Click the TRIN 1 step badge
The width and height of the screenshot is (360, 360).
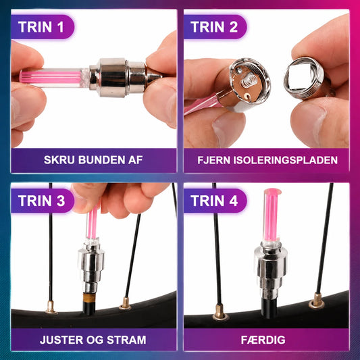(x=43, y=27)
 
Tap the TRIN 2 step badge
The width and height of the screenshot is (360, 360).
(x=215, y=27)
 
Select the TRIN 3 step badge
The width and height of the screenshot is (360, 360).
(x=43, y=201)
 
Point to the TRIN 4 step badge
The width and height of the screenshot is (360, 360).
(x=215, y=201)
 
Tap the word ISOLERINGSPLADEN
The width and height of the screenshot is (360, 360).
(x=286, y=160)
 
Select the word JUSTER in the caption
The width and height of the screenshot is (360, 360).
(x=61, y=340)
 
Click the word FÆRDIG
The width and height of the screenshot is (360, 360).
(x=263, y=340)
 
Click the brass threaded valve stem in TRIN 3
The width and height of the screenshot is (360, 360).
(x=89, y=299)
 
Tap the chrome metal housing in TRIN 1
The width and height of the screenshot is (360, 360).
(x=118, y=78)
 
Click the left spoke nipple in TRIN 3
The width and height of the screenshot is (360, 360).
(x=51, y=307)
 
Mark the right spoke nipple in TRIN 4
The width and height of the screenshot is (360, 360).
(x=317, y=301)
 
